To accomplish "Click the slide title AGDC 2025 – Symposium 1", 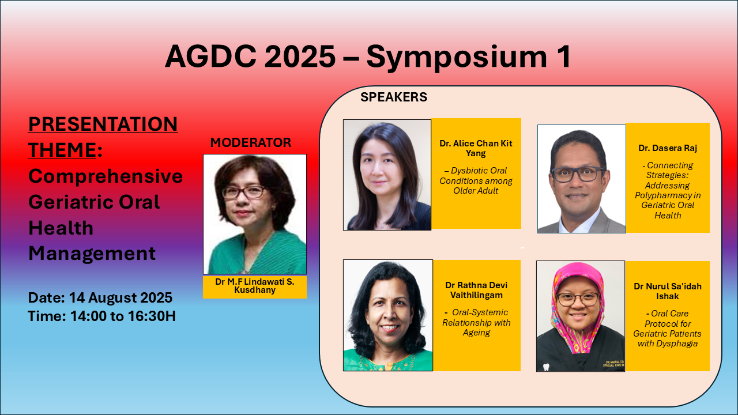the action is point(368,56).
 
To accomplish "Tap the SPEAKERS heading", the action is point(394,97).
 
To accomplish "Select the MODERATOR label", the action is point(251,142).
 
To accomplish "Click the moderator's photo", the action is point(255,214).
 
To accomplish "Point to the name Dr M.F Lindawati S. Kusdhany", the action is point(255,286).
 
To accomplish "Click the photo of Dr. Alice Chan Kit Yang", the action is point(387,175).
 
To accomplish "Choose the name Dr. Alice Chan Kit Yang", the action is point(476,148).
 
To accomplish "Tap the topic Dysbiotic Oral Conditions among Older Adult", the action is point(476,180).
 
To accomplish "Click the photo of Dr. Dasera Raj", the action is point(582,179).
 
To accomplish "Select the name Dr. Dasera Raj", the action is point(668,148).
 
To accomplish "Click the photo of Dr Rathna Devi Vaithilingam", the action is point(388,315).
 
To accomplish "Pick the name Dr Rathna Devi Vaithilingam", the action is point(476,290).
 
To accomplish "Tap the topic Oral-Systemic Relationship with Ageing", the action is point(476,322).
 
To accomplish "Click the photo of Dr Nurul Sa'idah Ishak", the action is point(581,316).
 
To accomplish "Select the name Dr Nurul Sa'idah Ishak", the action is point(668,291).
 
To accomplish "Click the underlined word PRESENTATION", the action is point(103,124).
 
